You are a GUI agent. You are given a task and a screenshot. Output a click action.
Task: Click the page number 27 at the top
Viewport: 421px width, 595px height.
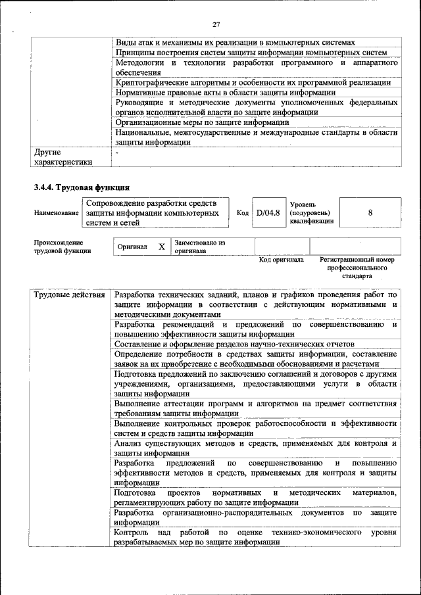click(215, 24)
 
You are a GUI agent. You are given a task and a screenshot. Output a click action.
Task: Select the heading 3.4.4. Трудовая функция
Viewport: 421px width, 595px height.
click(81, 187)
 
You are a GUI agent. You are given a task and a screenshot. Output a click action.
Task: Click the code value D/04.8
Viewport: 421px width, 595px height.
click(268, 213)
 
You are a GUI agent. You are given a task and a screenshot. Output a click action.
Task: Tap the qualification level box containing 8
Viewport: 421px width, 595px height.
click(370, 213)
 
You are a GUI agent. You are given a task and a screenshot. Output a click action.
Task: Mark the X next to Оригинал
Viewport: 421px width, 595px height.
click(161, 247)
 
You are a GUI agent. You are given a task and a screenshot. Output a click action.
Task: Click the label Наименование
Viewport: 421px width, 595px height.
click(57, 213)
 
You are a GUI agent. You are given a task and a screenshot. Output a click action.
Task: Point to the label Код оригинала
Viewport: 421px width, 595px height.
click(281, 260)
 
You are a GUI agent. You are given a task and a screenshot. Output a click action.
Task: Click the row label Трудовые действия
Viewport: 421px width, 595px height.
click(69, 295)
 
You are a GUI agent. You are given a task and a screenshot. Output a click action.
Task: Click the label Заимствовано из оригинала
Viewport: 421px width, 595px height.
click(199, 247)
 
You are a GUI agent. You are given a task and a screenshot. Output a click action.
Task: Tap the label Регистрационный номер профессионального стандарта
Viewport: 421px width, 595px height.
click(357, 268)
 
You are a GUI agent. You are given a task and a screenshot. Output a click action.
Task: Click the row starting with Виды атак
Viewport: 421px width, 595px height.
click(235, 41)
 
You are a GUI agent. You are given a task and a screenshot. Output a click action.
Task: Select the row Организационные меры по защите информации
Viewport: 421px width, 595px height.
click(202, 122)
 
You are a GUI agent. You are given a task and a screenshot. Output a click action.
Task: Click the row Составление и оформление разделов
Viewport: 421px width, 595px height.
click(234, 344)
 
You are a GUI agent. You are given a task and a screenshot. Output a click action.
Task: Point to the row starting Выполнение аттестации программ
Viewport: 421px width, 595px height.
click(255, 408)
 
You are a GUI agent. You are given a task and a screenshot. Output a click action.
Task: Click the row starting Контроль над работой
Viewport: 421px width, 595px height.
click(255, 536)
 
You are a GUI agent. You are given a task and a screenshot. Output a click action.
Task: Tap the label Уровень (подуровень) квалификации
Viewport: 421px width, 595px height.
click(311, 213)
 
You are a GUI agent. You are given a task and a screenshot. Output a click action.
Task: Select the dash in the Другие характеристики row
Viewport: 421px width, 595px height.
click(117, 152)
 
